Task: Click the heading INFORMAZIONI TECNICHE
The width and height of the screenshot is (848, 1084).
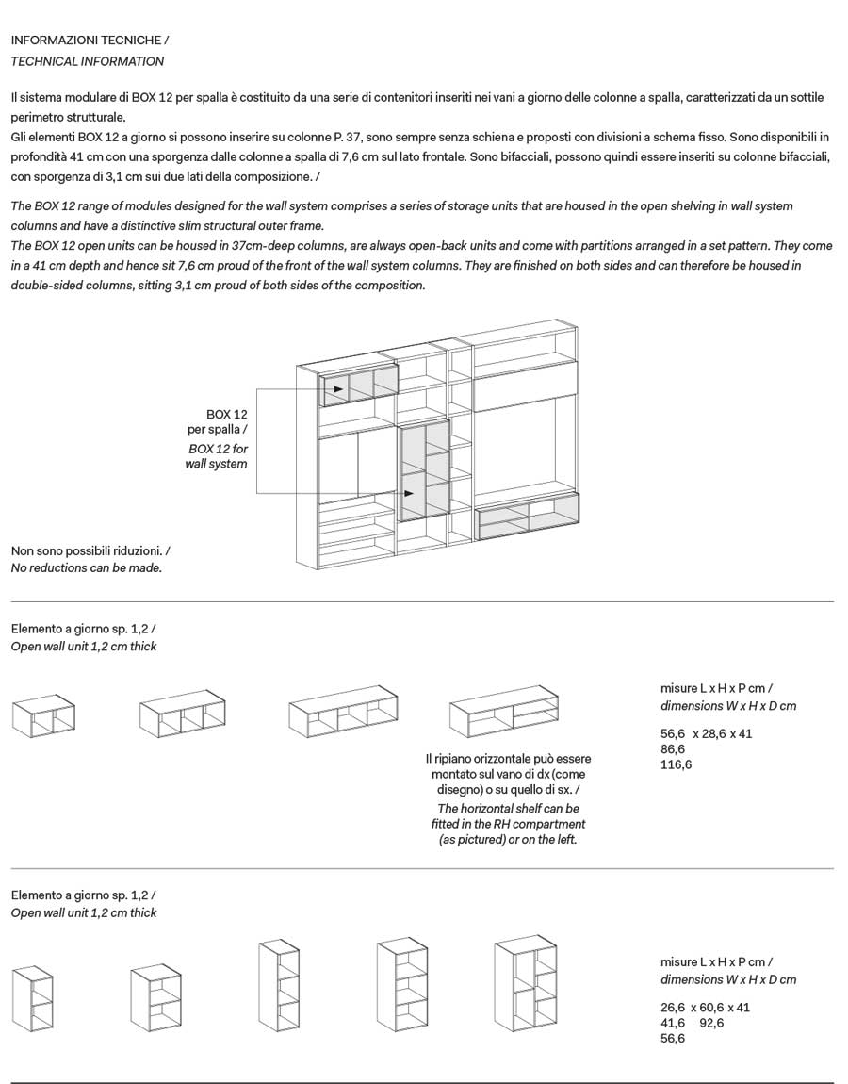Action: click(x=90, y=41)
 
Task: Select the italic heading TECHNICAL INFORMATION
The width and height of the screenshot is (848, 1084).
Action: click(x=87, y=61)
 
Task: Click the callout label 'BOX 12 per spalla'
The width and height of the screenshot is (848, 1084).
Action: click(x=220, y=421)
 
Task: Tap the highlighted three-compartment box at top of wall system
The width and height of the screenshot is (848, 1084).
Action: click(x=360, y=386)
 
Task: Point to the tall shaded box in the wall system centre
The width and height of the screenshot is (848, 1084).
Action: click(x=423, y=471)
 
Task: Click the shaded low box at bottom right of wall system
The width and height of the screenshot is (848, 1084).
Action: click(x=528, y=515)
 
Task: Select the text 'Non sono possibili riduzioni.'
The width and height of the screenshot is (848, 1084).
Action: click(x=90, y=550)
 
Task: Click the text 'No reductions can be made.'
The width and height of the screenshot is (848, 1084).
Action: click(x=87, y=568)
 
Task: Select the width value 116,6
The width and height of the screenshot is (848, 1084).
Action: click(x=677, y=764)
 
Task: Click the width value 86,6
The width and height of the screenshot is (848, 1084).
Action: click(x=673, y=748)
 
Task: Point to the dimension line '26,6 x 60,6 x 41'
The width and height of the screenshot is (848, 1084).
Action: click(x=706, y=1007)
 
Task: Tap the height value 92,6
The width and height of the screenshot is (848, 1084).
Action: click(x=711, y=1023)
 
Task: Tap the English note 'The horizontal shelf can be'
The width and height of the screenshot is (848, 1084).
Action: click(x=508, y=808)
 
